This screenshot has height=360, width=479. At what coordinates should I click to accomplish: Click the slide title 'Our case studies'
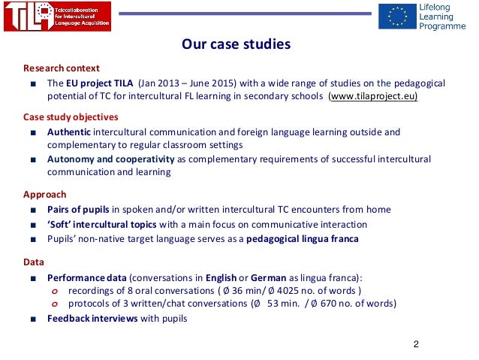coord(235,45)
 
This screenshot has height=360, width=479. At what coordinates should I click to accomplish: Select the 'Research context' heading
coord(61,68)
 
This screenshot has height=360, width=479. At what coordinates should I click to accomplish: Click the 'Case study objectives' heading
coord(71,117)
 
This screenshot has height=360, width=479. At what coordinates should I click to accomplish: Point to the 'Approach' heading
coord(44,195)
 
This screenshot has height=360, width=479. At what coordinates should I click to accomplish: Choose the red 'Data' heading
coord(34,262)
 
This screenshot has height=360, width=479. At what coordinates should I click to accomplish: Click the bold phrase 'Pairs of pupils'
coord(79,209)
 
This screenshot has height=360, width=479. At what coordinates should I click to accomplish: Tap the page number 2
coord(416,344)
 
